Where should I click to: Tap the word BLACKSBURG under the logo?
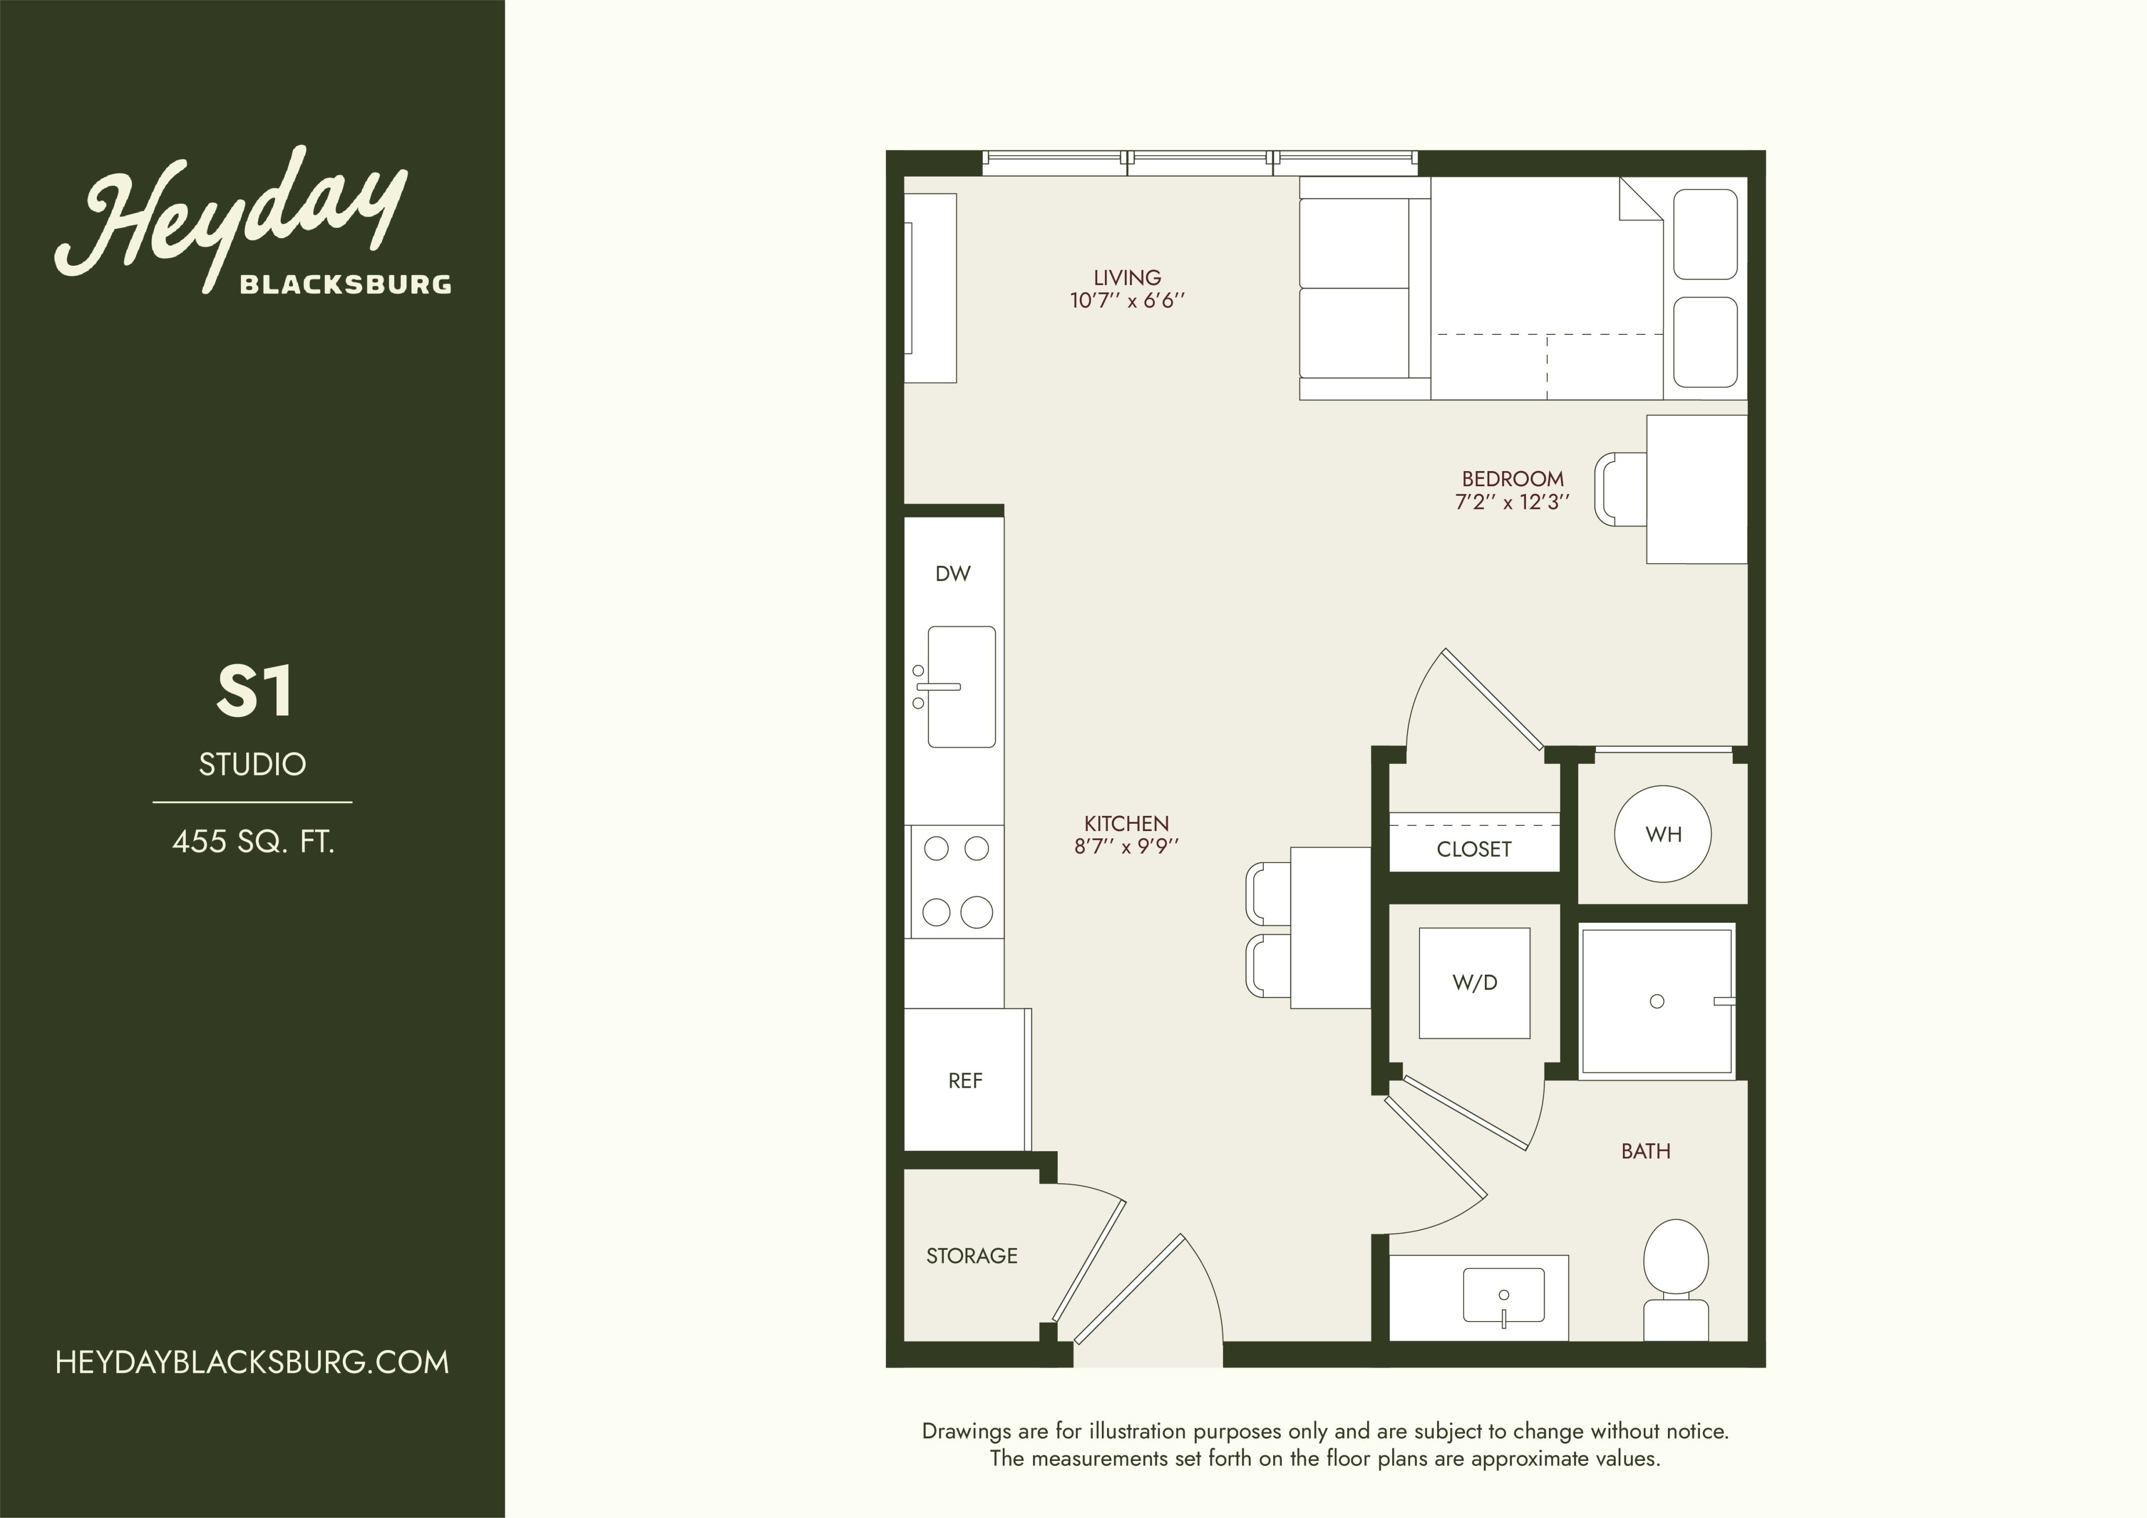pyautogui.click(x=346, y=284)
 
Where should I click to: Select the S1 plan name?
pyautogui.click(x=254, y=693)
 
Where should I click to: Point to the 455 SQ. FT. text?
pyautogui.click(x=253, y=842)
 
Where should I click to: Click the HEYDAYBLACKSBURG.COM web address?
pyautogui.click(x=253, y=1362)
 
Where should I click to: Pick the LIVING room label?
pyautogui.click(x=1127, y=278)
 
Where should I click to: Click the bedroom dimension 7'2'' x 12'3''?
pyautogui.click(x=1512, y=502)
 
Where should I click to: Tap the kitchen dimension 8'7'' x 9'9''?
pyautogui.click(x=1127, y=847)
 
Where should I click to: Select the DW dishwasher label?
pyautogui.click(x=953, y=574)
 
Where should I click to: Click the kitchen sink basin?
pyautogui.click(x=961, y=687)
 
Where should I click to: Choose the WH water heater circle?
pyautogui.click(x=1664, y=834)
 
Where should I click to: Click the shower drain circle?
pyautogui.click(x=1657, y=1001)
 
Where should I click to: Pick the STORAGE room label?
pyautogui.click(x=972, y=1255)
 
